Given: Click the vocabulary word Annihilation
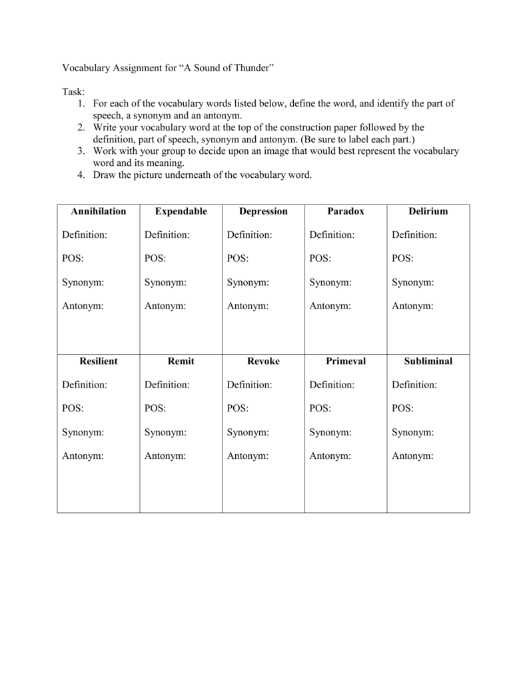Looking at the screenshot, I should click(99, 211).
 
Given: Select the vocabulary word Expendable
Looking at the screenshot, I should click(181, 211).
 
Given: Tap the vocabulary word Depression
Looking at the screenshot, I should click(263, 211).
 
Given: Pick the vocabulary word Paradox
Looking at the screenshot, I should click(346, 211).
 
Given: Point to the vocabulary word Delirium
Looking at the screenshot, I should click(428, 211).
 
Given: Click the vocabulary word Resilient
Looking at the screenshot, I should click(99, 361).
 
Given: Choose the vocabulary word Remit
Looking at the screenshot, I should click(181, 361).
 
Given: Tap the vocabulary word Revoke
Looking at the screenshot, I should click(263, 361).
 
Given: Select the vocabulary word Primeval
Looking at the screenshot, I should click(346, 361).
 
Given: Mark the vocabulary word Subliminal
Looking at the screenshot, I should click(428, 361).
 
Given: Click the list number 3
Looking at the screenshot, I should click(80, 151).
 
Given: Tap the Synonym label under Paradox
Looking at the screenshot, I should click(330, 282).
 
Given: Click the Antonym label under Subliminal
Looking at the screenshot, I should click(412, 456).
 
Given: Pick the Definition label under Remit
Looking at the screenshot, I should click(167, 385).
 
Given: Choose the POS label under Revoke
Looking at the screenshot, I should click(238, 408).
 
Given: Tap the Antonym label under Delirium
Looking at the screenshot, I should click(412, 306).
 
